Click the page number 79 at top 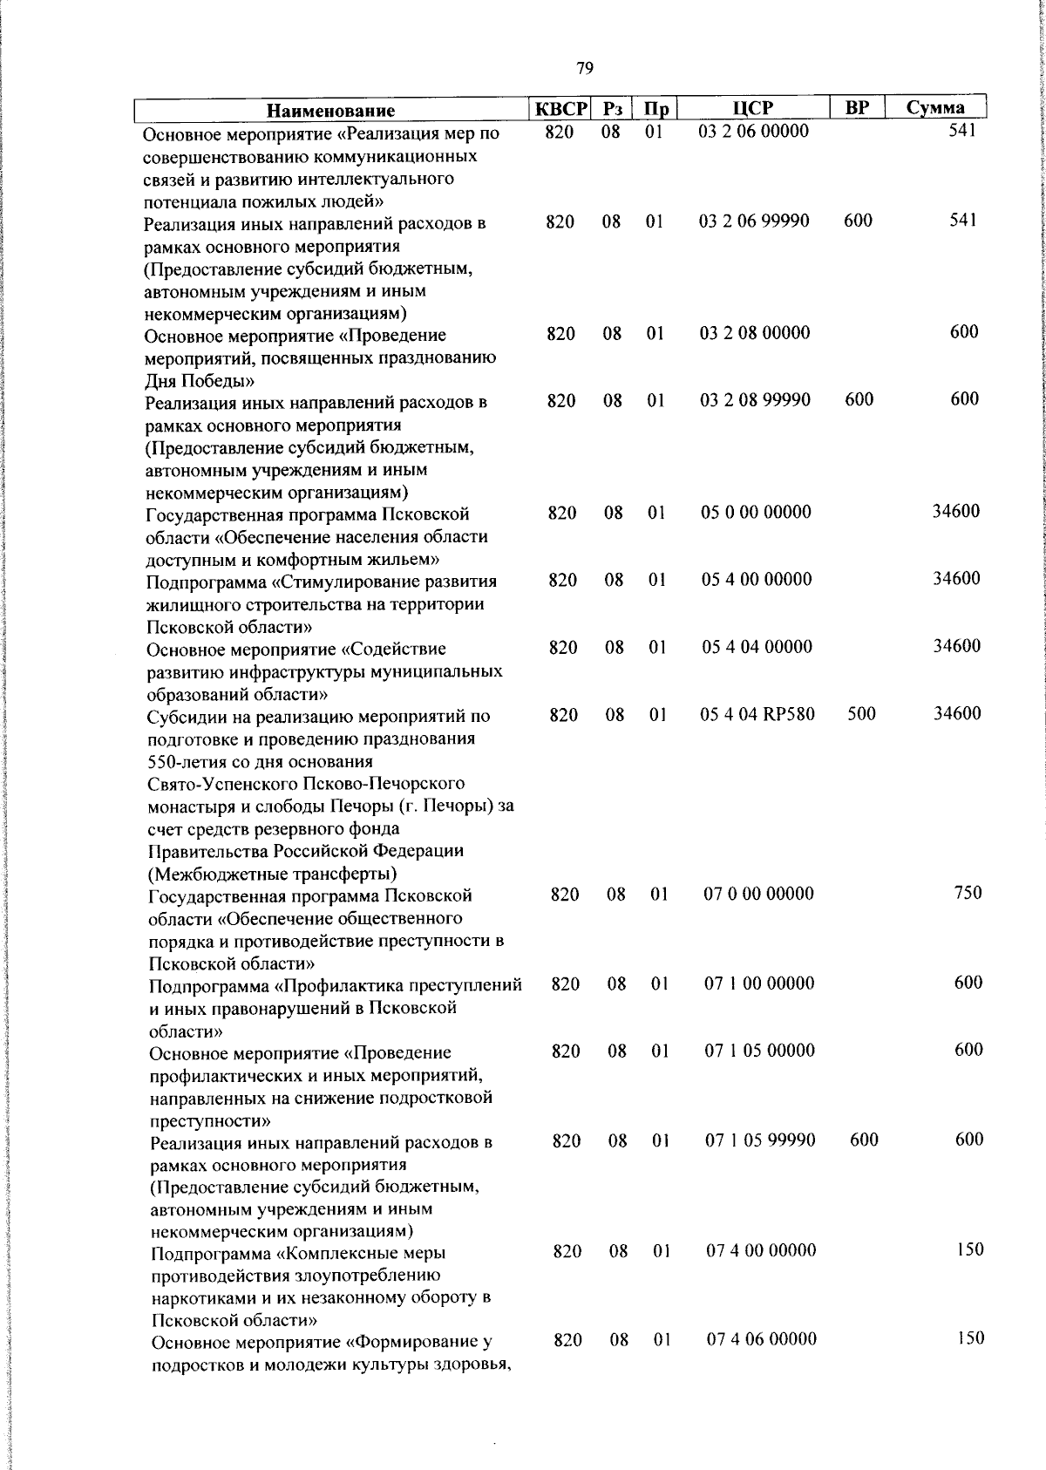[x=585, y=68]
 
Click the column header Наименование [x=330, y=111]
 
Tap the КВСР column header [x=561, y=109]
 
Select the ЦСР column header [x=752, y=108]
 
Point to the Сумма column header [x=934, y=108]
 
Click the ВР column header [x=857, y=108]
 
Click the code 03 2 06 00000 [x=754, y=132]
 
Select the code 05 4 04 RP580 [x=757, y=715]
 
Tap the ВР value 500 [x=861, y=714]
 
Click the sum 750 [x=968, y=893]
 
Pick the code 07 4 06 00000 [x=761, y=1338]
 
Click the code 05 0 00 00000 [x=756, y=513]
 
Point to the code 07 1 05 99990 [x=760, y=1140]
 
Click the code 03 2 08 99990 [x=755, y=400]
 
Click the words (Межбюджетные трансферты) [x=273, y=874]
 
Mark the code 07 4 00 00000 [x=761, y=1250]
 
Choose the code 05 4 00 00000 [x=757, y=580]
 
